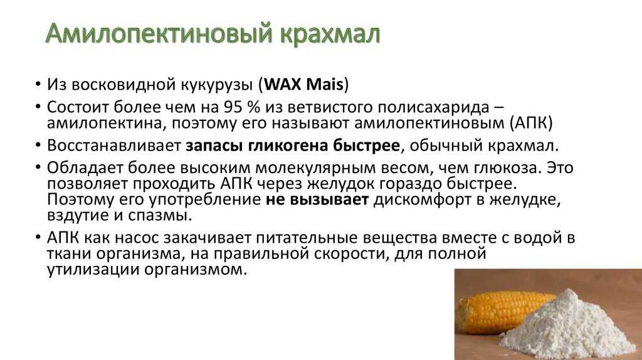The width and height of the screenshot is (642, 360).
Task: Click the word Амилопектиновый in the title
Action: pos(159,34)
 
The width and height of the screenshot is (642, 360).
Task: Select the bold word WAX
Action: pos(283,85)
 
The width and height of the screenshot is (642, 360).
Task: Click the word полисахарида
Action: pos(433,108)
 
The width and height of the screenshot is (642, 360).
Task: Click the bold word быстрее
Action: pos(366,146)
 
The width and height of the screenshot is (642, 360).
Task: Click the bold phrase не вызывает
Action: pos(317,200)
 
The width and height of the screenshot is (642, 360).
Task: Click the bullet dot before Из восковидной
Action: pos(38,85)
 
